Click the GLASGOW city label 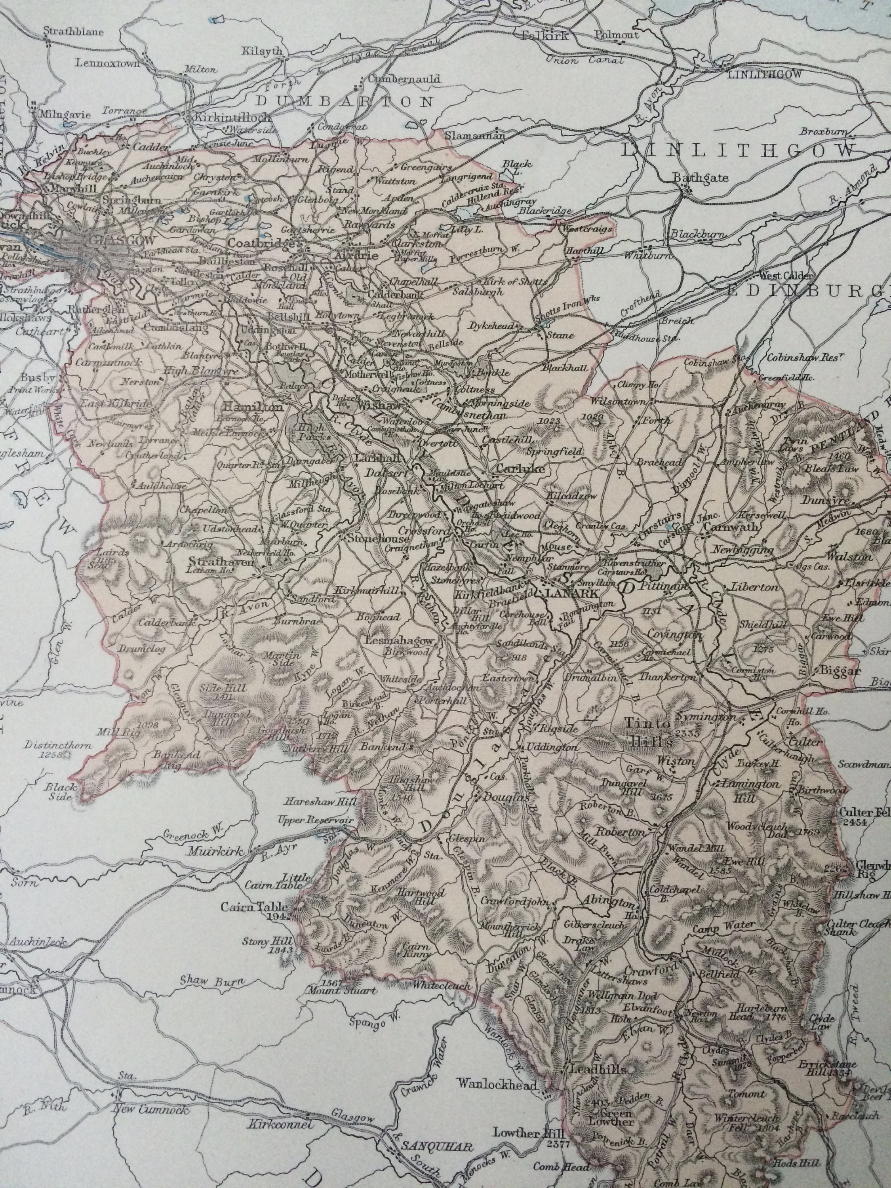pos(110,241)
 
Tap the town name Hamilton pos(251,407)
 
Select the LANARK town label pos(570,594)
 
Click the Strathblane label pos(74,31)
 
